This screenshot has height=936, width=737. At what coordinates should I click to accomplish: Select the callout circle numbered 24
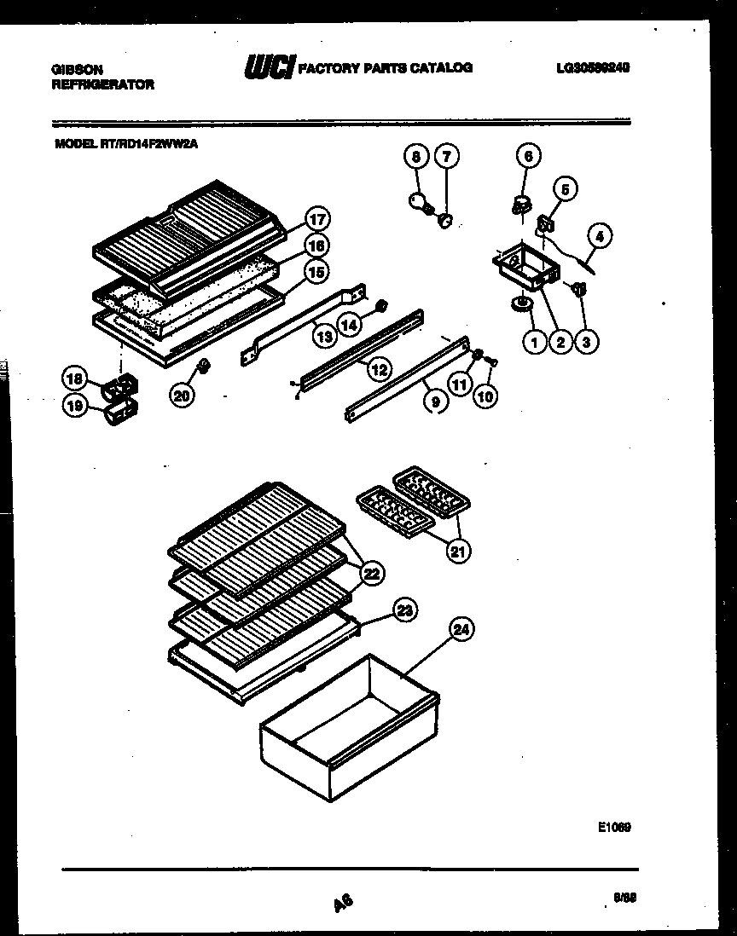coord(460,631)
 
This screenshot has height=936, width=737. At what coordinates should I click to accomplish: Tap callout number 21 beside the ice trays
coord(458,552)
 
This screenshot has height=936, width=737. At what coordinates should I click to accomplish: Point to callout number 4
coord(600,236)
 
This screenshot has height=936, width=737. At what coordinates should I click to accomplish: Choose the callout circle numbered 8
coord(415,156)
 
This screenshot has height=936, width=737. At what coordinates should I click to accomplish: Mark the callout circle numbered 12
coord(379,369)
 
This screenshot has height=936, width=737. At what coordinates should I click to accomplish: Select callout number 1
coord(534,342)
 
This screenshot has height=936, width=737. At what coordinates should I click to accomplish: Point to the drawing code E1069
coord(614,826)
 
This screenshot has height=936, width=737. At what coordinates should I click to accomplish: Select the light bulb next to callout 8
coord(419,202)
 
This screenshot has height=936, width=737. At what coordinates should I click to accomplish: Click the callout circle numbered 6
coord(527,156)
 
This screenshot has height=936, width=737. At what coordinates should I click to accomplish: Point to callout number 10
coord(486,396)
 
